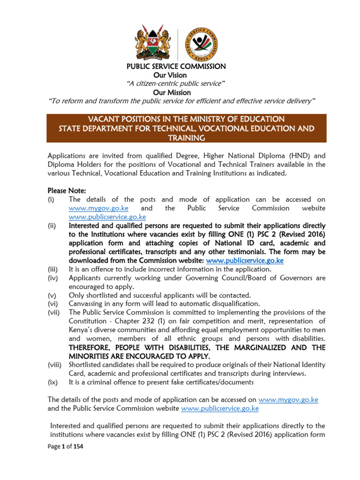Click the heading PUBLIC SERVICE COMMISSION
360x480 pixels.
(x=176, y=67)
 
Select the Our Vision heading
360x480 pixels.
(x=170, y=75)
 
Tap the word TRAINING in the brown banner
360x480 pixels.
(x=186, y=138)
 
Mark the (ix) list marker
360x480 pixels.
(x=52, y=382)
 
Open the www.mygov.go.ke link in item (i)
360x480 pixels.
(x=98, y=208)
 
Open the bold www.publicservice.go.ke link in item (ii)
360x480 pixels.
(x=245, y=260)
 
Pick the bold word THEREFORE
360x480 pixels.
(x=92, y=347)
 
